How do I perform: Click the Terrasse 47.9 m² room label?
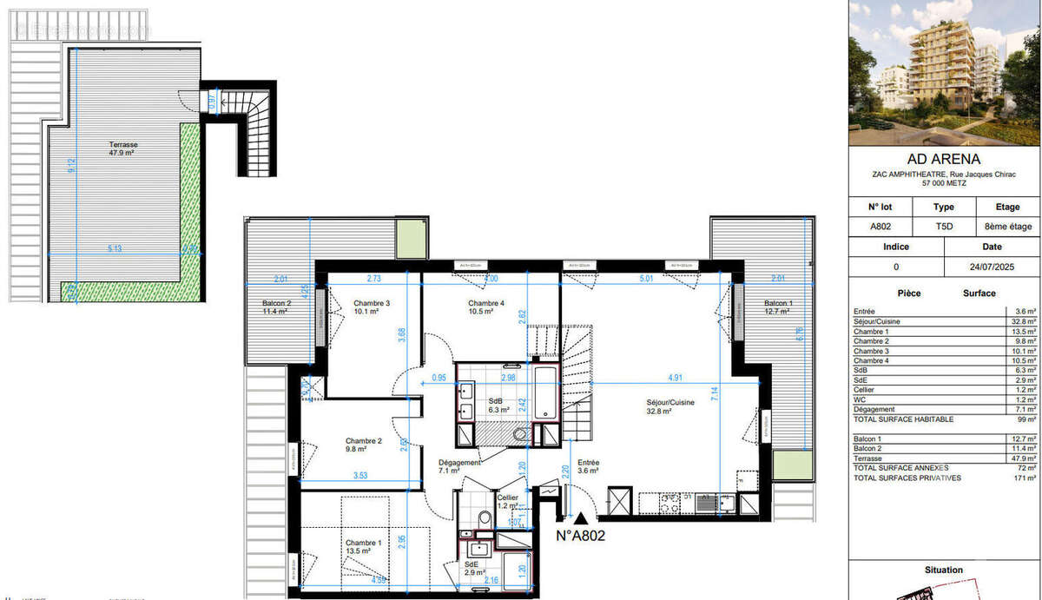tap(123, 148)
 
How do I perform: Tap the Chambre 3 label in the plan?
tap(371, 307)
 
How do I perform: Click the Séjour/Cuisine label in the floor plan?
tap(670, 407)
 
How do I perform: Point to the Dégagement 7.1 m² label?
tap(460, 467)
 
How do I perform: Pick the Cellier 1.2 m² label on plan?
tap(507, 502)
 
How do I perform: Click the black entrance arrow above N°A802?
tap(580, 518)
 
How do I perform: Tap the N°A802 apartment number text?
tap(580, 536)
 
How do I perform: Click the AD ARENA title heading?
tap(943, 159)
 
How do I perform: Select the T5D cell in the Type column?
tap(943, 227)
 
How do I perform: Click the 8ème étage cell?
tap(1007, 227)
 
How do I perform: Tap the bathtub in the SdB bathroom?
tap(544, 393)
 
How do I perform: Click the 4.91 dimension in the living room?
tap(675, 378)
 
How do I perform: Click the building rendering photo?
tap(944, 73)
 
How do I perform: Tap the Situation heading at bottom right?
tap(943, 570)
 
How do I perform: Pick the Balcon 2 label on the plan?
tap(278, 307)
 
